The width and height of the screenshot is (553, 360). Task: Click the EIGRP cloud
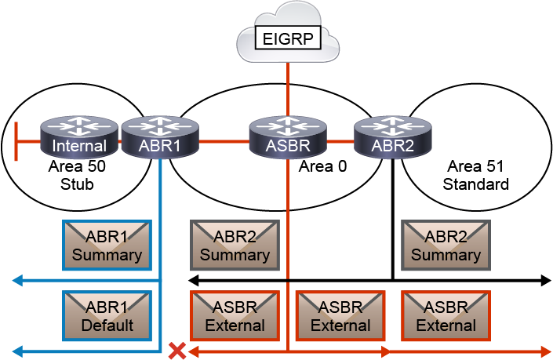pos(287,38)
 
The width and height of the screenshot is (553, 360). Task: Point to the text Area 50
pos(77,166)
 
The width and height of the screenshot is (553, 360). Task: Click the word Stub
pos(77,185)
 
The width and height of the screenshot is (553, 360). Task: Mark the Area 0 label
pos(322,166)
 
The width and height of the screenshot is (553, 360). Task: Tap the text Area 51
pos(475,166)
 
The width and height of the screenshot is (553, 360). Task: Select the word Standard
pos(475,185)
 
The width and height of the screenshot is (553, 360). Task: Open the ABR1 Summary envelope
pos(107,245)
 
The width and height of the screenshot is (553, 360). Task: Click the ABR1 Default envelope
pos(107,315)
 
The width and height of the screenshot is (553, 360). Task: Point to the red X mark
pos(178,351)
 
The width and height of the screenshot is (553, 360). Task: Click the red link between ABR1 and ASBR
pos(224,142)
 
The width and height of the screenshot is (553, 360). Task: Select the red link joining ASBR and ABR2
pos(339,142)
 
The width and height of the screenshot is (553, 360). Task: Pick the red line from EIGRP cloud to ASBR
pos(288,86)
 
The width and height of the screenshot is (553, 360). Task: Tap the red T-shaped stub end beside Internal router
pos(17,142)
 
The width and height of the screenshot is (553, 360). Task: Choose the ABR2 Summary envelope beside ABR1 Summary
pos(235,245)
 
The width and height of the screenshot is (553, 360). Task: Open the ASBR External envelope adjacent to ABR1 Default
pos(235,315)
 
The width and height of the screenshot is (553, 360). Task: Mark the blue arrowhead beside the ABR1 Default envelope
pos(17,350)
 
